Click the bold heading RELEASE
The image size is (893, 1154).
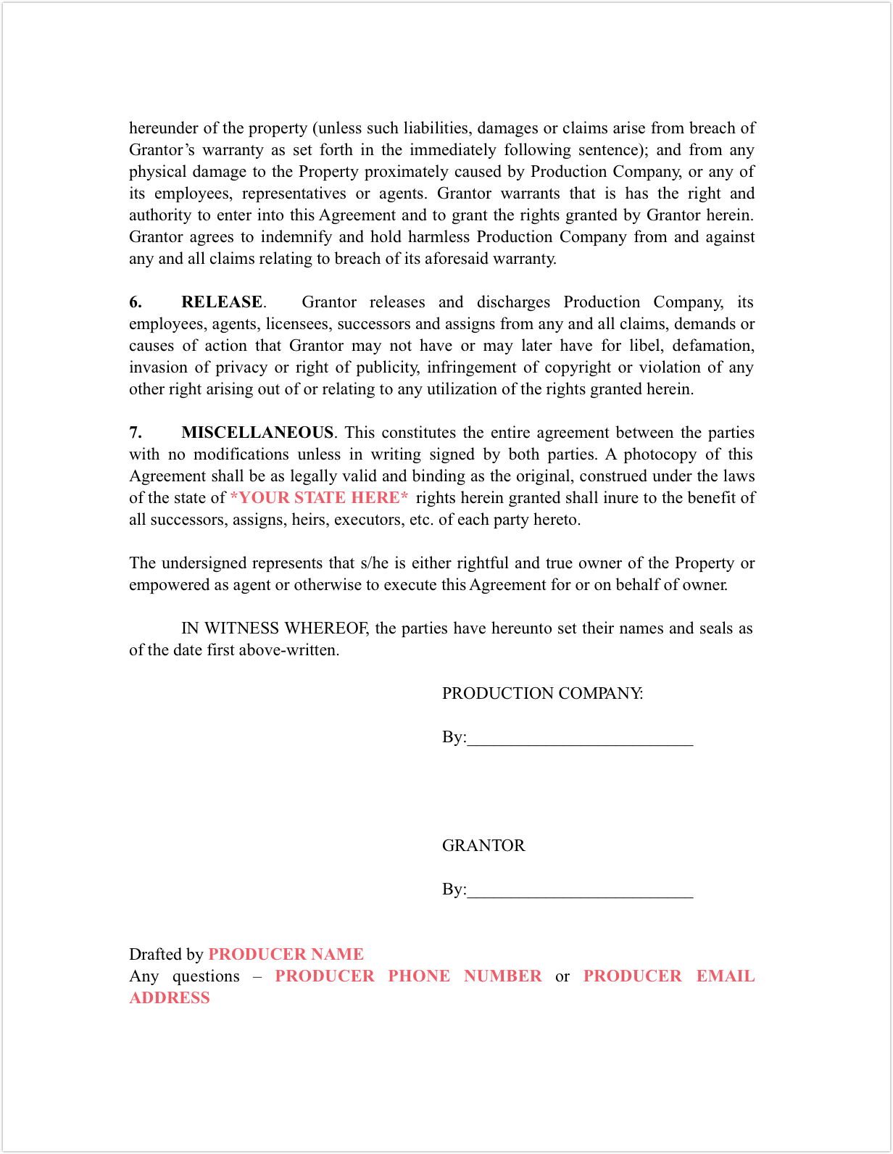[222, 302]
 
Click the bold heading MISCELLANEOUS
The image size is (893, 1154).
[257, 433]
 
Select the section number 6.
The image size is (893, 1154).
[136, 302]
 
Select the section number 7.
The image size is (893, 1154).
[136, 433]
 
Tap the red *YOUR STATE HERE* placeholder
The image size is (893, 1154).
[319, 498]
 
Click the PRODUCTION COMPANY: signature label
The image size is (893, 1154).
[542, 694]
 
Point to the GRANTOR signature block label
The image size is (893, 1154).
[483, 846]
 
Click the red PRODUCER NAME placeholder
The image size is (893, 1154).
[286, 955]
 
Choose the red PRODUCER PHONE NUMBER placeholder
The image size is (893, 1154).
[408, 976]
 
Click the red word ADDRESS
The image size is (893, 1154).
[170, 998]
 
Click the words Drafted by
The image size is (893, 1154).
[166, 955]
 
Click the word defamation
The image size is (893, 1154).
[713, 346]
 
